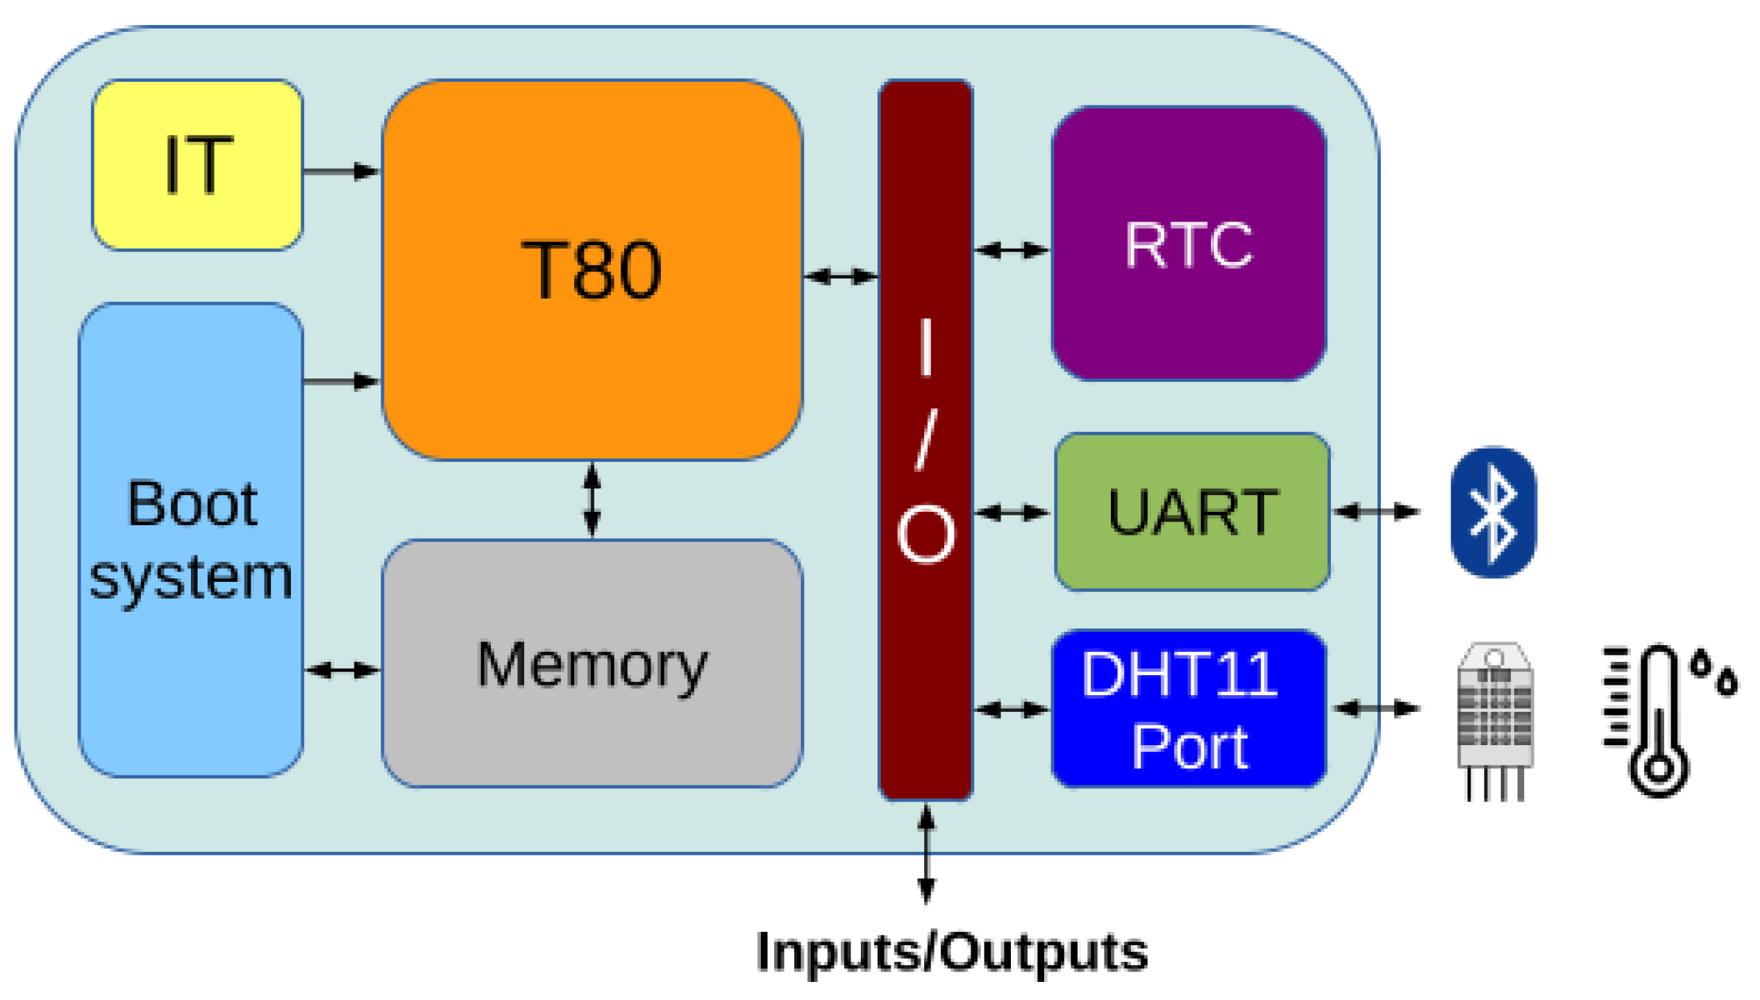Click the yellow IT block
197,165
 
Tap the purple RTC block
1189,244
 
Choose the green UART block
1192,512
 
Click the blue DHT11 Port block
1189,709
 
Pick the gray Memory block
592,663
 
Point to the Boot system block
191,540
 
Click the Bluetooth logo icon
1493,512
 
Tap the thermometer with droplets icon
1663,719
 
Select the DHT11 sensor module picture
1494,719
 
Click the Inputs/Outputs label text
951,952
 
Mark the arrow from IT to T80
341,171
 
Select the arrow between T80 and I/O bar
841,276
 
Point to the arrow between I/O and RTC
1012,250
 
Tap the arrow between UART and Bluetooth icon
1377,512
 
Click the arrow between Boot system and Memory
342,670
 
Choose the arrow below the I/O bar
926,854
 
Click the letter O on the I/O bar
925,533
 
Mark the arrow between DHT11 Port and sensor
1377,708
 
